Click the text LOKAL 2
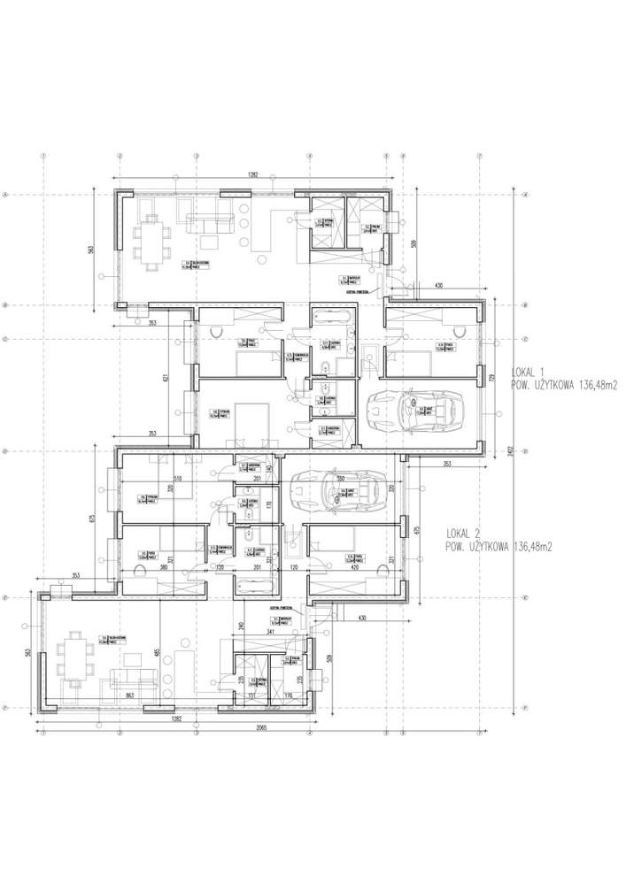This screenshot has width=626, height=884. [464, 534]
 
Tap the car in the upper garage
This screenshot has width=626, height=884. [413, 410]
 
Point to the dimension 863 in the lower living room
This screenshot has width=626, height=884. [131, 697]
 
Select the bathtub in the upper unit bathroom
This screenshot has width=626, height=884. [332, 315]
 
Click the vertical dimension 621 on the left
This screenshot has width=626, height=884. [166, 378]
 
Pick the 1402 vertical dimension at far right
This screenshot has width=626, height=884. [514, 450]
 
